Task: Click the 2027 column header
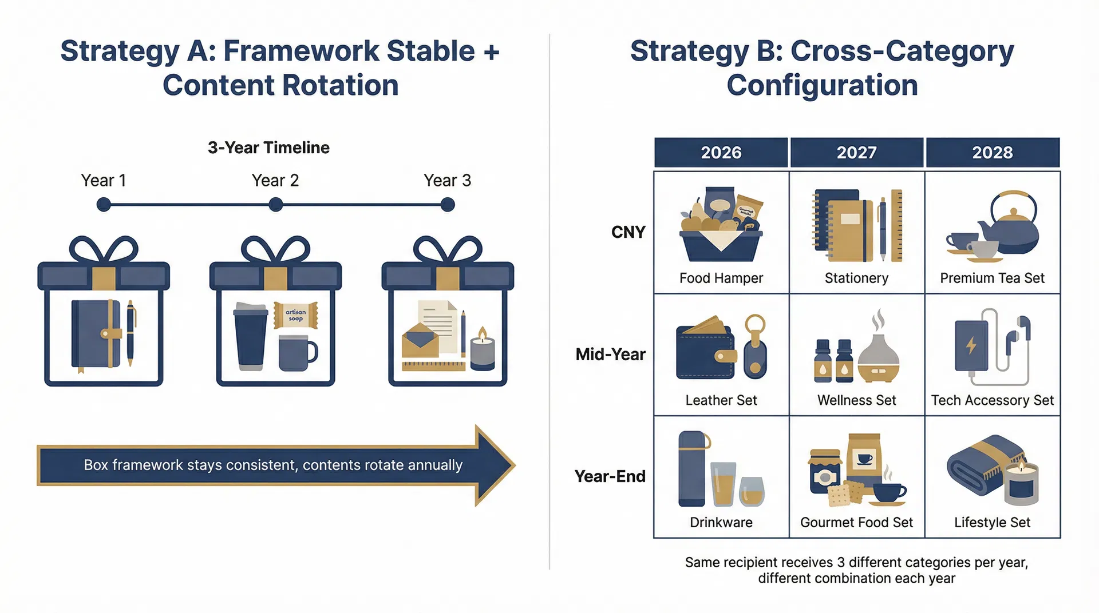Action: (856, 153)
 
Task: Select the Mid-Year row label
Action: (610, 355)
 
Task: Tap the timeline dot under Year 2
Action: (276, 205)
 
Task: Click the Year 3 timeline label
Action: (447, 181)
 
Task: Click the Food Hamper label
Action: (721, 278)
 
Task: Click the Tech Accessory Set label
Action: (992, 400)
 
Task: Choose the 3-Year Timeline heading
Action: (268, 148)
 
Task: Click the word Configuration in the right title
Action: (822, 86)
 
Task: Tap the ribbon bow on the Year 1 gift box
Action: (104, 250)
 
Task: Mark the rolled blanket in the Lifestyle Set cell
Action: (979, 463)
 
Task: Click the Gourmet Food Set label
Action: (856, 523)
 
